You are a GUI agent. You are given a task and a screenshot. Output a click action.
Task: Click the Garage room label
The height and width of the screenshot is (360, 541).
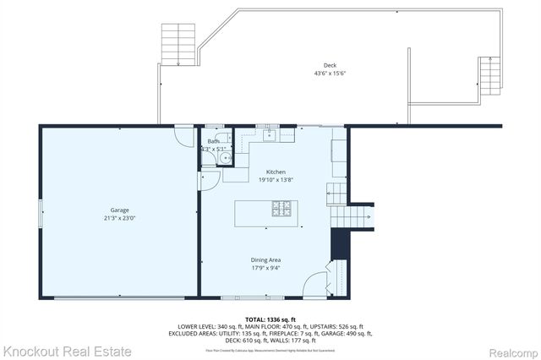119,210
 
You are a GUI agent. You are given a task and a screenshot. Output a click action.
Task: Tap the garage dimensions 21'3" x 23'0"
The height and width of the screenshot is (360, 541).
119,218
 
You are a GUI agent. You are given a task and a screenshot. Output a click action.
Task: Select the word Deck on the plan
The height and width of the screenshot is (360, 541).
330,65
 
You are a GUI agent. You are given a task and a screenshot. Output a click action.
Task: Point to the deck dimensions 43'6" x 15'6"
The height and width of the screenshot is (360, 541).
330,74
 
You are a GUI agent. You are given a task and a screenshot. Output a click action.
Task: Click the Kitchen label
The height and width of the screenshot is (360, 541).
276,171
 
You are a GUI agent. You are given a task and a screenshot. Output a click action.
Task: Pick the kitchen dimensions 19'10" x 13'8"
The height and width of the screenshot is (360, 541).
276,179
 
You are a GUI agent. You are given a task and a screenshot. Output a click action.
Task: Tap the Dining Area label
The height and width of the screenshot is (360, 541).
265,259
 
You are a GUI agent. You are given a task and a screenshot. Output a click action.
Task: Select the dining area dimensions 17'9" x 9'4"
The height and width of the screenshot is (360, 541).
265,268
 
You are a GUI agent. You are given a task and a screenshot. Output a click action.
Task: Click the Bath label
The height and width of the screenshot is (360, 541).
211,141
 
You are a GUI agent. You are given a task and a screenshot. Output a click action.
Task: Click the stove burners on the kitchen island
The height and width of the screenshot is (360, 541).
281,207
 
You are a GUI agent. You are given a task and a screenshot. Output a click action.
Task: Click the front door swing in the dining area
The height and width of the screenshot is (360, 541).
314,284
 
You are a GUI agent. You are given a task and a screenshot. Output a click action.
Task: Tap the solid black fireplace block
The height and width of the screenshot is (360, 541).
340,246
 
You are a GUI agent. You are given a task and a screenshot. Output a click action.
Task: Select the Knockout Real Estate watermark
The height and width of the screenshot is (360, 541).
67,350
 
